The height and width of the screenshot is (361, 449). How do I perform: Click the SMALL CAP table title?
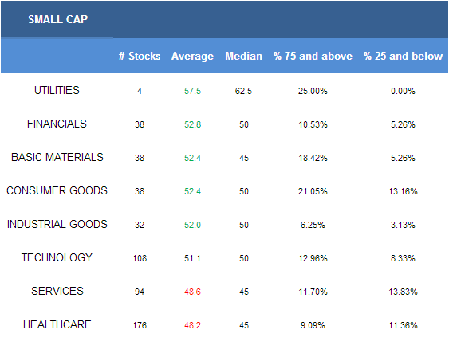tap(58, 19)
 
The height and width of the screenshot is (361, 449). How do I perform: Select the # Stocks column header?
tap(140, 56)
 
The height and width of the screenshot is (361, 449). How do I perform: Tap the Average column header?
tap(192, 57)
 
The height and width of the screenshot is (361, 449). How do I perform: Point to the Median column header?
tap(244, 56)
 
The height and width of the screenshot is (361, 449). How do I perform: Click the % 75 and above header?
tap(313, 56)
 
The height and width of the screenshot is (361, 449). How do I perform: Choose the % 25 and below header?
tap(403, 56)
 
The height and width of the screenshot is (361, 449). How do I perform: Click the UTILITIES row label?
tap(57, 90)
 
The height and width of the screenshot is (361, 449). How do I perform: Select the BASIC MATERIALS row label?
tap(57, 157)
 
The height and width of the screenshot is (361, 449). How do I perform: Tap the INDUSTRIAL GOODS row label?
tap(57, 224)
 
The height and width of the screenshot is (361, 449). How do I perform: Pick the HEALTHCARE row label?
tap(57, 324)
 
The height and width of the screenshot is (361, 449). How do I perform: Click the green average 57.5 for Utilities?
tap(192, 92)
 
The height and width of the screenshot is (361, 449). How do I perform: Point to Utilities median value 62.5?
tap(244, 92)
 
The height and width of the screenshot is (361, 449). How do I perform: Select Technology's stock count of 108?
tap(140, 258)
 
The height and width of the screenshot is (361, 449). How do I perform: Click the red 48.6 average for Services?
tap(192, 292)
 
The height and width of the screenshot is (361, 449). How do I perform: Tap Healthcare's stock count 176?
tap(140, 325)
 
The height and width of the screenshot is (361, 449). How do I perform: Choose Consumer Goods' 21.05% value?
tap(313, 191)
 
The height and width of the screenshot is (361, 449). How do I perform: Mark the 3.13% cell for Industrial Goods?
tap(403, 225)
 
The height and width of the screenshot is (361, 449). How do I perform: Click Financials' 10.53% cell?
tap(313, 125)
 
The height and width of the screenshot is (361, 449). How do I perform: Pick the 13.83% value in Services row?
tap(403, 292)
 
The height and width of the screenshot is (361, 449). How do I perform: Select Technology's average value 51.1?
tap(192, 258)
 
